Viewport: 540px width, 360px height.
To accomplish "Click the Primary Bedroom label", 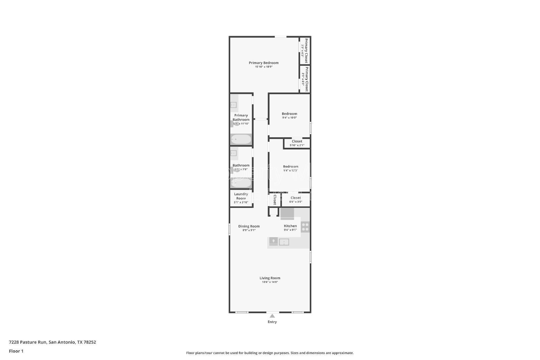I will [x=264, y=63].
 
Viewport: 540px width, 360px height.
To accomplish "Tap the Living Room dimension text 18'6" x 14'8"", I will [x=270, y=282].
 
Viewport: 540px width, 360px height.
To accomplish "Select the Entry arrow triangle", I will [x=272, y=316].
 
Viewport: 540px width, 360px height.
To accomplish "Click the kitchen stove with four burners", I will [x=305, y=227].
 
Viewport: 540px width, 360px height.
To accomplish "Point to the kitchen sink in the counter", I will [x=284, y=242].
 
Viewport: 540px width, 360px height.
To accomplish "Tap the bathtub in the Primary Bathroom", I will [x=241, y=139].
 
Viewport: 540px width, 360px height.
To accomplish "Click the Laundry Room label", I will [x=241, y=196].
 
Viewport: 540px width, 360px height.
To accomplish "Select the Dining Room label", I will [x=249, y=226].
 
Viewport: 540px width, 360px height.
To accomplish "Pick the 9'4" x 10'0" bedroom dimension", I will [x=289, y=118].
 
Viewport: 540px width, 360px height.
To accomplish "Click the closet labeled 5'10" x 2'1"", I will [x=297, y=143].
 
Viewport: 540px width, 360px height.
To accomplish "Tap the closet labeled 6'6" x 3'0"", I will [x=296, y=200].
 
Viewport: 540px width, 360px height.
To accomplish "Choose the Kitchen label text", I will [x=290, y=226].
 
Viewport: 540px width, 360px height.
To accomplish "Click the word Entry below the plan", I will [x=272, y=322].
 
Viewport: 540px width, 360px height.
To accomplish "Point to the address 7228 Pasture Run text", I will [x=52, y=342].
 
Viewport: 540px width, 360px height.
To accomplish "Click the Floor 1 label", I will [x=16, y=351].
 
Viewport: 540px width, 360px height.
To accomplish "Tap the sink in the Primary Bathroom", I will [x=234, y=105].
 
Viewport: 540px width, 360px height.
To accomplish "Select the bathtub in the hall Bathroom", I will [x=241, y=183].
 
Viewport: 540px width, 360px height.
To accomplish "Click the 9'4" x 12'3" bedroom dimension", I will [x=290, y=170].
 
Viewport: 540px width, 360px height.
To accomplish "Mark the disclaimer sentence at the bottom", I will [x=270, y=353].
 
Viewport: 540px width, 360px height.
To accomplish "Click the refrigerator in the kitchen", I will [x=287, y=213].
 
